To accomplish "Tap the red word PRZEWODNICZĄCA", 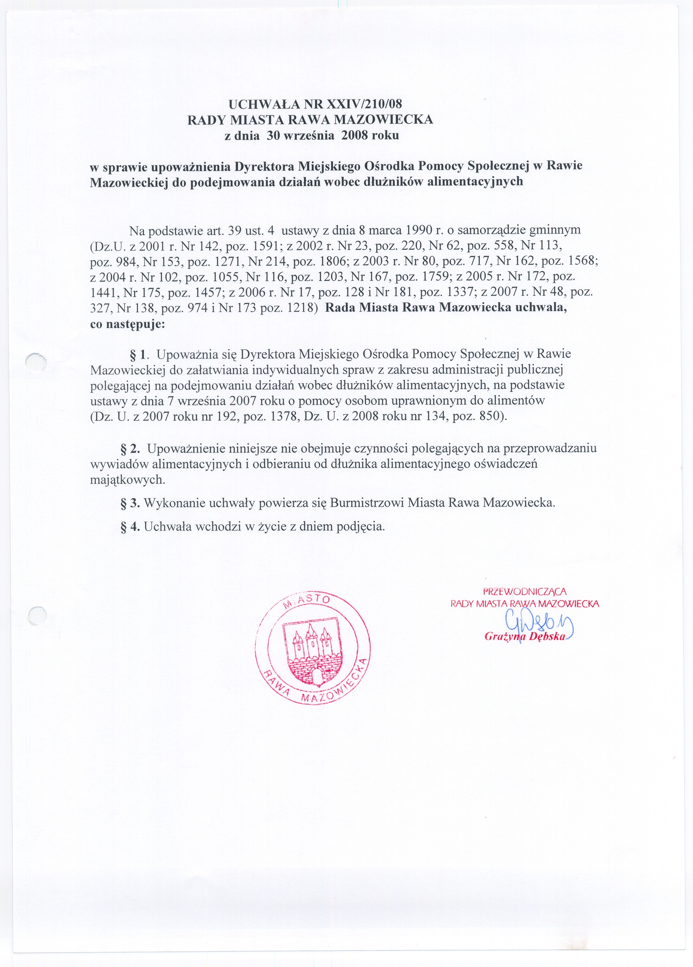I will (x=525, y=591).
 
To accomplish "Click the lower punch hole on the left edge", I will (x=36, y=615).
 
